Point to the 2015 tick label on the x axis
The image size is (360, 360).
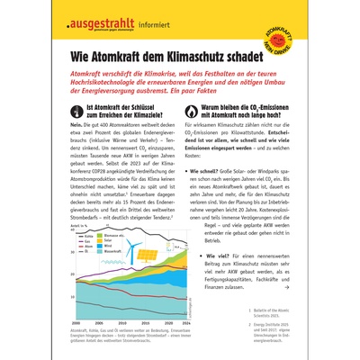(147, 321)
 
